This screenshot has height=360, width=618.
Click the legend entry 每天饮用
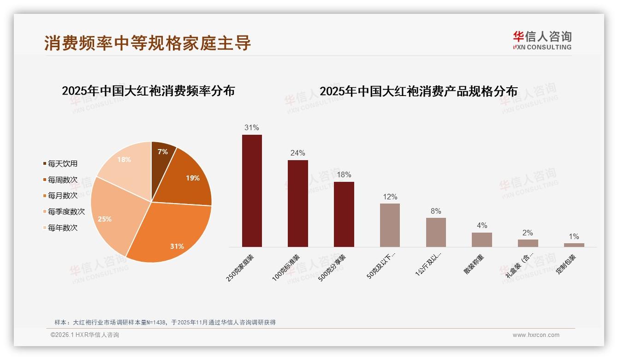coord(62,164)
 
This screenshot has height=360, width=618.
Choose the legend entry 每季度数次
coord(66,212)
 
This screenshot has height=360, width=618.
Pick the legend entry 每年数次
coord(62,228)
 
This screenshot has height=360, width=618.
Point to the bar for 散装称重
coord(481,240)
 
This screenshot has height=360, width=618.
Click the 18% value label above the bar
coord(344,174)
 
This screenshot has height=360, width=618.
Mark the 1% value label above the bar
coord(574,236)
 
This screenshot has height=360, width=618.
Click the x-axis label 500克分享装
coord(332,268)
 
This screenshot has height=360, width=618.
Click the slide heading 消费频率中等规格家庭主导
coord(148,43)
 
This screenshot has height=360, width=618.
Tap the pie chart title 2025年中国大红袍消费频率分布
coord(148,91)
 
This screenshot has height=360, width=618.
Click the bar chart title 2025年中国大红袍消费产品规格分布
coord(418,91)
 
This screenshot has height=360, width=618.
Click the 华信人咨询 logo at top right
coord(542,40)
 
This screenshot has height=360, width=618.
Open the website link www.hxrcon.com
coord(536,335)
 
